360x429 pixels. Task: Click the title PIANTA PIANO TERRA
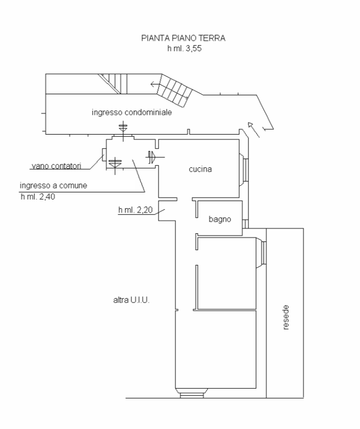[183, 38]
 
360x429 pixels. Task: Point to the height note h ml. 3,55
[185, 49]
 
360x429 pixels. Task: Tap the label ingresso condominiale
[132, 112]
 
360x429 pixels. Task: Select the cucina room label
[200, 169]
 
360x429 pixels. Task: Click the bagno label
[220, 219]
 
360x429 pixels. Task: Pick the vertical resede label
[285, 317]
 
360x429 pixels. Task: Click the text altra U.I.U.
[131, 300]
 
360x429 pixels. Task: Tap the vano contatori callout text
[57, 166]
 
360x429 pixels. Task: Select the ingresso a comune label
[53, 185]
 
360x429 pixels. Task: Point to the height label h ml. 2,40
[38, 196]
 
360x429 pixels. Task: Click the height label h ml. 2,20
[135, 210]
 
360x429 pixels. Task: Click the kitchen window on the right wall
[244, 170]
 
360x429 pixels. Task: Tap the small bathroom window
[246, 224]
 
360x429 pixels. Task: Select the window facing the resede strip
[261, 252]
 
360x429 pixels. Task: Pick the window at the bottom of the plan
[192, 393]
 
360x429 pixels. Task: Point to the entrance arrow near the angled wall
[253, 130]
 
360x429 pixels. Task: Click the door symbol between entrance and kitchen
[152, 157]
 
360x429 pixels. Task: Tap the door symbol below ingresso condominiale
[123, 132]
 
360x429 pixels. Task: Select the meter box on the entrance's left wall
[104, 155]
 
